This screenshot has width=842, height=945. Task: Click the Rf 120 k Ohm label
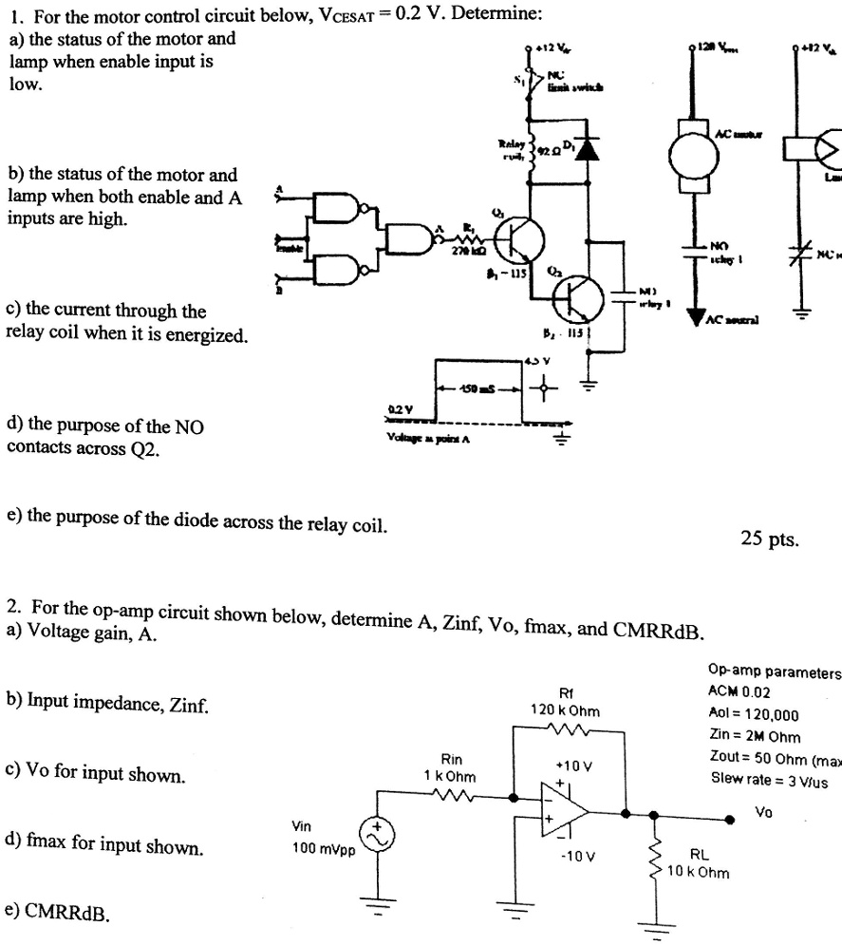(x=565, y=702)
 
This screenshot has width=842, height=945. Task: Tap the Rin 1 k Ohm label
(x=450, y=768)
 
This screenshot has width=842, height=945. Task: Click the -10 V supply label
(x=576, y=855)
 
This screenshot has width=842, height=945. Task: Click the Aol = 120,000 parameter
(x=754, y=714)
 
